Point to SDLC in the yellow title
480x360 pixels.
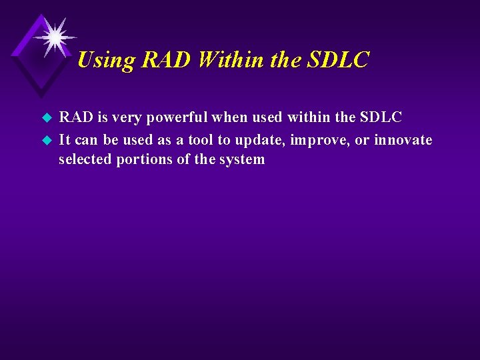338,61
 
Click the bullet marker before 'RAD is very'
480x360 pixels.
47,119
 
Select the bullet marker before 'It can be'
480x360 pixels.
47,141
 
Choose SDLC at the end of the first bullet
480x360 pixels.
381,118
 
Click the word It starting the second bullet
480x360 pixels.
65,140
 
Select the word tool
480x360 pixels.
201,140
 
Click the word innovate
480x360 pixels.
403,140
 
